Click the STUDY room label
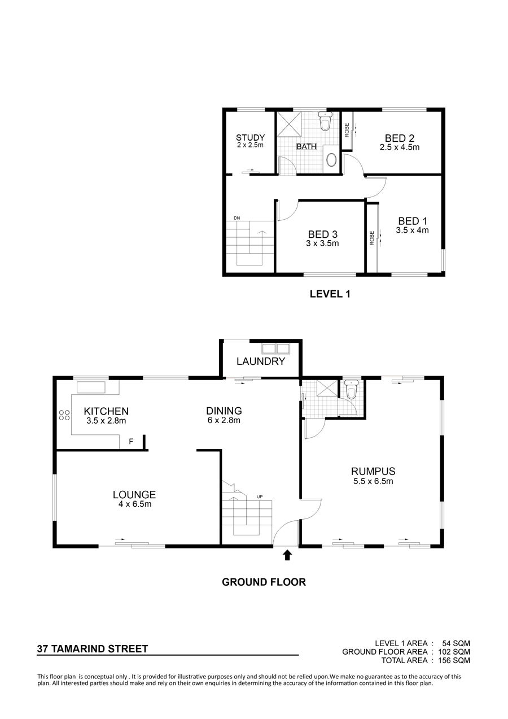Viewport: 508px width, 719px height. point(250,138)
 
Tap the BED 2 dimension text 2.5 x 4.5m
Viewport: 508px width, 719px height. point(399,147)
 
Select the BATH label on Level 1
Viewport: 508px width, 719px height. point(306,146)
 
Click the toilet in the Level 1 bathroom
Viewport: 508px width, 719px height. point(325,121)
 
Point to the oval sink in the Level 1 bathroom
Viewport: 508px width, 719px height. point(331,159)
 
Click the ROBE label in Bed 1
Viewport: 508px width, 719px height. point(372,238)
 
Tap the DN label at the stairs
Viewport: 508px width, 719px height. point(237,218)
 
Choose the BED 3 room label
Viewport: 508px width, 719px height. point(323,234)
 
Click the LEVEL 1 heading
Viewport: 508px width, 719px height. point(330,294)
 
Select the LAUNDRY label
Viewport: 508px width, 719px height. point(261,361)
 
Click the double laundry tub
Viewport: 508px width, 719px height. point(275,349)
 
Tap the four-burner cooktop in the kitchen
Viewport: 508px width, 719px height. point(64,415)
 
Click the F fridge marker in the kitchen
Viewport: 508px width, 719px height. point(131,442)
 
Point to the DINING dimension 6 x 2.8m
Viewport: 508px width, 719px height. point(224,420)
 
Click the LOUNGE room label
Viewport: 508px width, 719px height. point(134,495)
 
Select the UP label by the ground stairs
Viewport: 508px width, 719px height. point(260,497)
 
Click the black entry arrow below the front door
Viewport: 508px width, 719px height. point(287,555)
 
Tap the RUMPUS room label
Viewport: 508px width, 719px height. point(373,471)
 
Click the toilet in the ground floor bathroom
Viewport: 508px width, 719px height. point(352,389)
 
